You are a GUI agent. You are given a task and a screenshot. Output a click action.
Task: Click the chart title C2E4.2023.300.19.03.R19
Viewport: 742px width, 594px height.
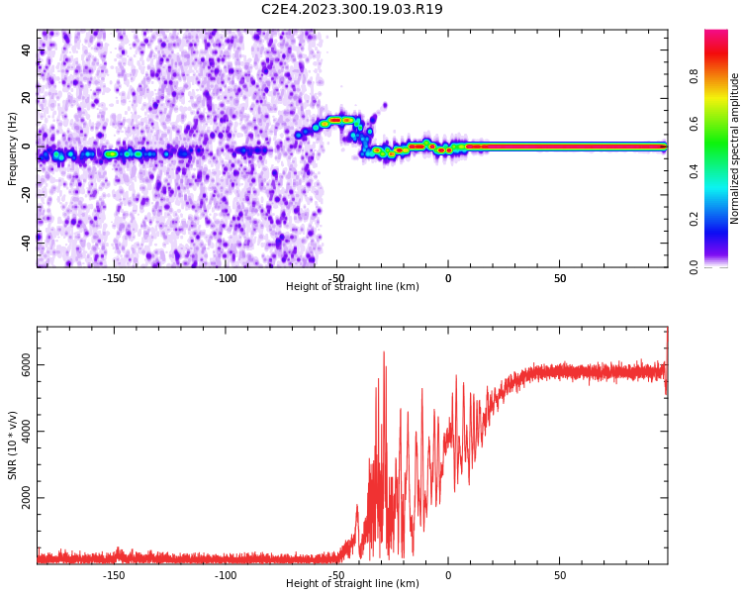(351, 10)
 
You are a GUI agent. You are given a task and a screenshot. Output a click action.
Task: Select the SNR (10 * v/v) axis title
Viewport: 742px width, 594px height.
(13, 445)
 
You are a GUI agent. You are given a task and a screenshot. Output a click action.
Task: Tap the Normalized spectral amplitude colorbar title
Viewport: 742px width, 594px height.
(735, 148)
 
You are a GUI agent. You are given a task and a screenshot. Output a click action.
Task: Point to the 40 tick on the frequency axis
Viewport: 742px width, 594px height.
(27, 49)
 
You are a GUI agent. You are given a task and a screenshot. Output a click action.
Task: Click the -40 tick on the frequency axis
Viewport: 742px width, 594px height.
(25, 243)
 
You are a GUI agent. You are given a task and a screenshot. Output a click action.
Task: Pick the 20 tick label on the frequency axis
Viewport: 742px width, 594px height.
(27, 98)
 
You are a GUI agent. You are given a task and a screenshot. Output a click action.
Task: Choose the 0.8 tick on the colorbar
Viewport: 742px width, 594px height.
(721, 76)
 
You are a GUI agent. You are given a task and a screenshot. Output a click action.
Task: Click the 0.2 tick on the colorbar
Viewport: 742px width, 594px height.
(721, 219)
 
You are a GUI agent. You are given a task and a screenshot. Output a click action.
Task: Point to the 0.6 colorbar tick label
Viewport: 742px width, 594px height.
(721, 124)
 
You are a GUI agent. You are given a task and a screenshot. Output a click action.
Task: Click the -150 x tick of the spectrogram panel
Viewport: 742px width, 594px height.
(114, 278)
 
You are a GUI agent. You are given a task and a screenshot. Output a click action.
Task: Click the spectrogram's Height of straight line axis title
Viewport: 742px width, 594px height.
(352, 287)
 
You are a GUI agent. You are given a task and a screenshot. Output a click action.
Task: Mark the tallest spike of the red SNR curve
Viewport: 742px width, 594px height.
(384, 352)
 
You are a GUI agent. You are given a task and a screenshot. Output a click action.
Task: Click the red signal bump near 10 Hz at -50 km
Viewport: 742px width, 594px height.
(336, 120)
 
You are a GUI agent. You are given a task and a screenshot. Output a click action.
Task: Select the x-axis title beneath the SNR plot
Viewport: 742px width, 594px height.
(352, 584)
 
